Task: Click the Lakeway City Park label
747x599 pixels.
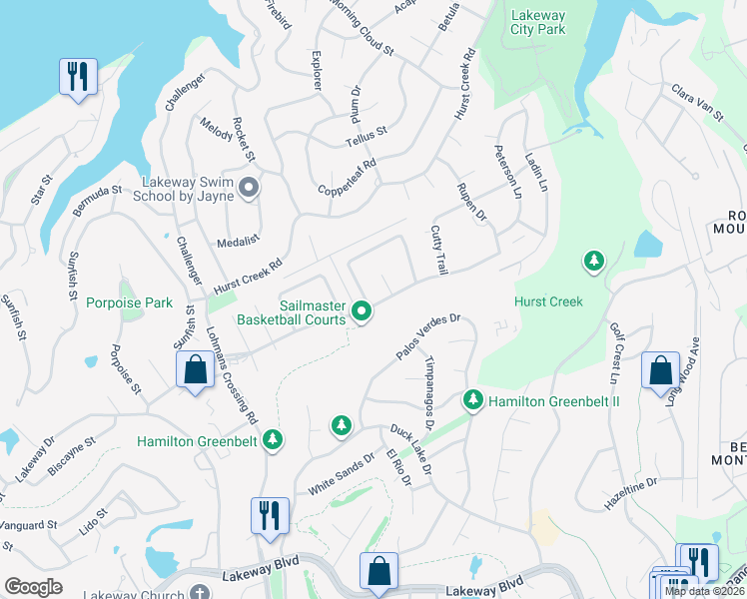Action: click(x=537, y=22)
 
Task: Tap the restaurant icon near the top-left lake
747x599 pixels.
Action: click(x=78, y=76)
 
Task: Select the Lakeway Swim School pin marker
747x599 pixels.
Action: click(x=249, y=187)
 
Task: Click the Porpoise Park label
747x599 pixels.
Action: click(x=129, y=302)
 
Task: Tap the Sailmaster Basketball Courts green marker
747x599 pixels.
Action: click(x=363, y=312)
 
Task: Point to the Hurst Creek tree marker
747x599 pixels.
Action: click(x=594, y=262)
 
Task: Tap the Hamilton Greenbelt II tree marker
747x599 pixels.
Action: click(x=473, y=401)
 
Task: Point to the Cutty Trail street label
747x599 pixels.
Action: click(x=437, y=250)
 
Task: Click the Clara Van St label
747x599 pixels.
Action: click(x=696, y=103)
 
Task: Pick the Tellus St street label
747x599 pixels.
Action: click(x=366, y=135)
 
